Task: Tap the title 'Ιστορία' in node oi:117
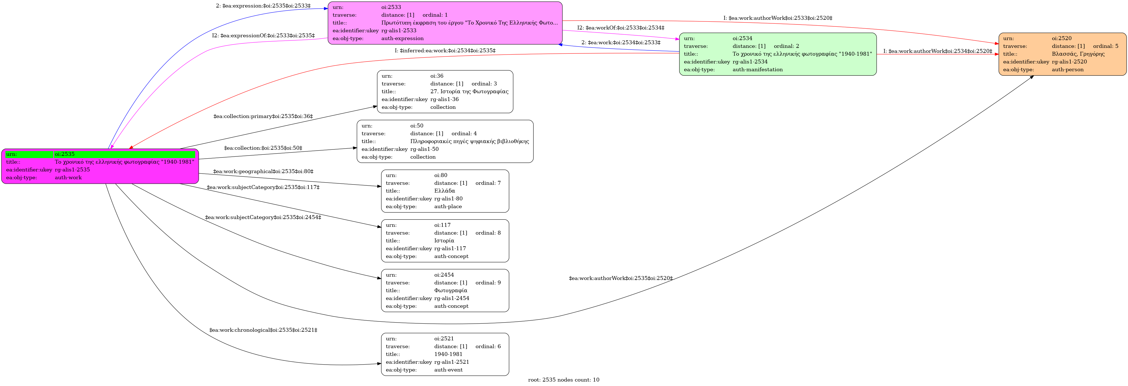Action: (x=444, y=241)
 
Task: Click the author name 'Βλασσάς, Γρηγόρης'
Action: (x=1078, y=54)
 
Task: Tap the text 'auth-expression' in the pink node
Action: (x=402, y=38)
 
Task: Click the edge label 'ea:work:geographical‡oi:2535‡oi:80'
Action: (x=263, y=171)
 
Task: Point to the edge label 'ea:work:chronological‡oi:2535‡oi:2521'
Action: (x=263, y=330)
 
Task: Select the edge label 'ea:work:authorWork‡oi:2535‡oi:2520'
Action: (x=620, y=278)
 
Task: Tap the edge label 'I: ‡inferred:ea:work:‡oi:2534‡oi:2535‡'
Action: (x=445, y=51)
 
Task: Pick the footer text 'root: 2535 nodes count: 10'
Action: (x=564, y=380)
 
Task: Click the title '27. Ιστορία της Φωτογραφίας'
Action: (x=469, y=92)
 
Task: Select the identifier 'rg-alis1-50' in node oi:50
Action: (x=424, y=149)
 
